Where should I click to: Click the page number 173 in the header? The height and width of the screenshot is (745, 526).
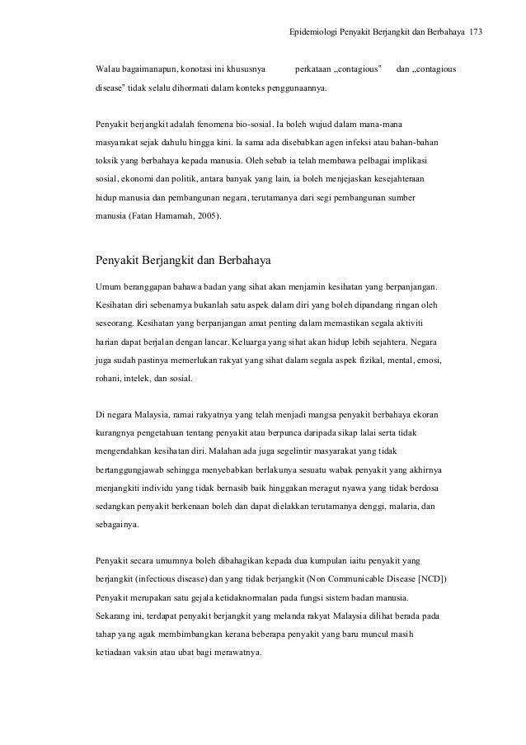pyautogui.click(x=476, y=33)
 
